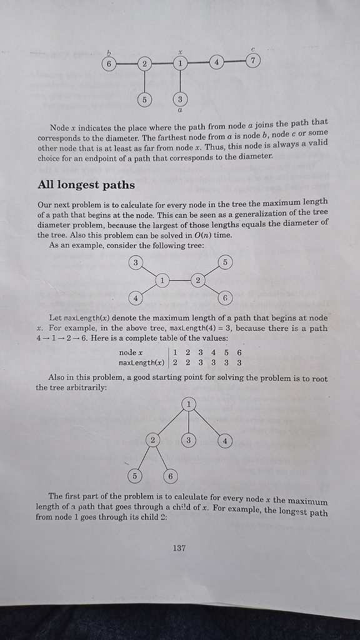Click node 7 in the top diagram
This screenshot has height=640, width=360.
[252, 61]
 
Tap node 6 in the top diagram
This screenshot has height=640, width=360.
[109, 64]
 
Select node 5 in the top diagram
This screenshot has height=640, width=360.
[144, 99]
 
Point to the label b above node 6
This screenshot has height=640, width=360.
[109, 52]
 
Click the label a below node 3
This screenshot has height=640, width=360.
[180, 111]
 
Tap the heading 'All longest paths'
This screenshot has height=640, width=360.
[86, 184]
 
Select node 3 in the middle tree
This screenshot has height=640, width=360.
[135, 262]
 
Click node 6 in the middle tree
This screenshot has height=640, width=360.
[224, 298]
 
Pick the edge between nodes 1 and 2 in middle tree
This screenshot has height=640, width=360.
[180, 281]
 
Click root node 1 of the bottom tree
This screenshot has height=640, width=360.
[188, 404]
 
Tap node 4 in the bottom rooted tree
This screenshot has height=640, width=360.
[225, 441]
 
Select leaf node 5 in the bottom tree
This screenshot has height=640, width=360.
[134, 476]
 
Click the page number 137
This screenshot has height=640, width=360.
[179, 548]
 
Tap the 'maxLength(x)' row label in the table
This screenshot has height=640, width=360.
[141, 362]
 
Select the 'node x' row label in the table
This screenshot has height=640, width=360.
[131, 352]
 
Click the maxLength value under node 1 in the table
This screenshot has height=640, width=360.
[175, 362]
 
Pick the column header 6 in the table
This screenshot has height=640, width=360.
[239, 352]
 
